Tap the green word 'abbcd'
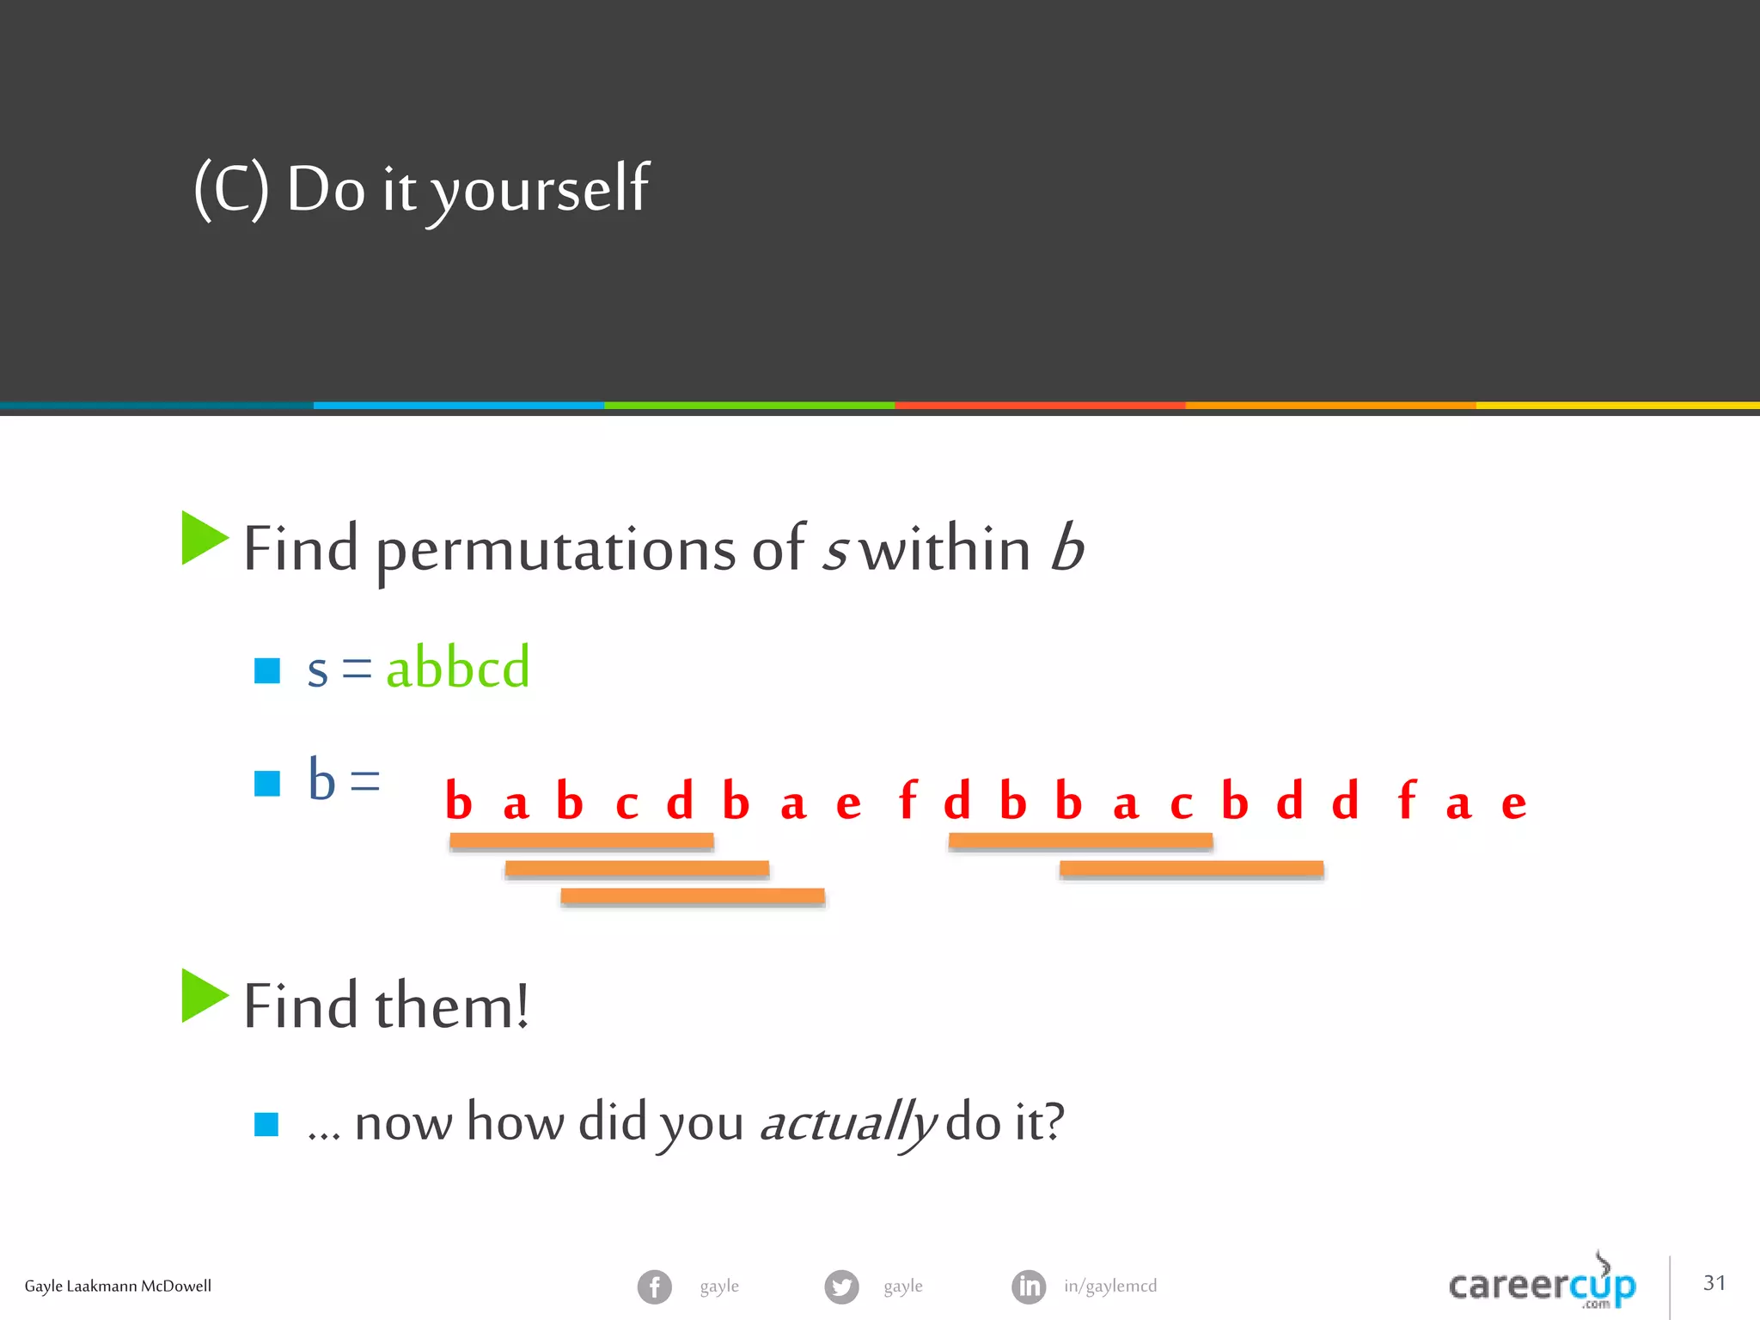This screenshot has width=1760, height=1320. (457, 668)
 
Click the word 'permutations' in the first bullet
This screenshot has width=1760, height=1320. (555, 551)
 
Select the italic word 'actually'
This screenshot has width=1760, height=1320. (847, 1122)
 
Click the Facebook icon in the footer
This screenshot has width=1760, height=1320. (654, 1286)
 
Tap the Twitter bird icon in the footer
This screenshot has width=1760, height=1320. (841, 1286)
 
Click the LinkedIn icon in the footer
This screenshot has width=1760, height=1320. (1029, 1286)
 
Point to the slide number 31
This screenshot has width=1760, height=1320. (1714, 1283)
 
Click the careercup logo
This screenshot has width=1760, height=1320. (1542, 1284)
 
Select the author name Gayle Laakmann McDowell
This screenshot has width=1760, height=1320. (118, 1286)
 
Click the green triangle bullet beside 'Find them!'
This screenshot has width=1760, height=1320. (204, 996)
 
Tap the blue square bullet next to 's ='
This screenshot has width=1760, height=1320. (267, 670)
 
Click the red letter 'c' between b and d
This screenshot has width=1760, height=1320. (626, 804)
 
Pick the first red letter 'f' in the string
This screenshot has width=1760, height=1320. (907, 801)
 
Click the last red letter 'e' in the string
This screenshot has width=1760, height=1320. (1513, 804)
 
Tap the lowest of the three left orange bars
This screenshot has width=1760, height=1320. (693, 896)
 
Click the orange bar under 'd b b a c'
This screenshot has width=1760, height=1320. (1080, 841)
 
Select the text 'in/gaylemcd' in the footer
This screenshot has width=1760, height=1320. (1110, 1286)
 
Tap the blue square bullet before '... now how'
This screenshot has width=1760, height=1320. (266, 1124)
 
